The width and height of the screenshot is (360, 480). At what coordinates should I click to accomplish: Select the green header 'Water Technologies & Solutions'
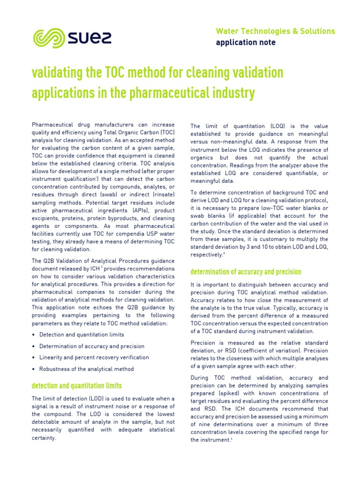tap(275, 31)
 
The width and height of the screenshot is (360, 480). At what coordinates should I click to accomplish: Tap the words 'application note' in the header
tap(245, 43)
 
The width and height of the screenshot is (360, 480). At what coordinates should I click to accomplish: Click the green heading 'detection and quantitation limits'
tap(76, 386)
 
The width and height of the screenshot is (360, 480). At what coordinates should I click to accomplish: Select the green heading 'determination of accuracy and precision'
tap(246, 272)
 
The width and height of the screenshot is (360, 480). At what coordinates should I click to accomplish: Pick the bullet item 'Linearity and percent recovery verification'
tap(94, 358)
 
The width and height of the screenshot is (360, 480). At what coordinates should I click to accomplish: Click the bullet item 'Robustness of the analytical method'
tap(86, 369)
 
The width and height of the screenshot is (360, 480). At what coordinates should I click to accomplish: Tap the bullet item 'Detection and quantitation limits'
tap(82, 335)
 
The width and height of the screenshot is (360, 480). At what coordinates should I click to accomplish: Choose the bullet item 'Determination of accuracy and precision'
tap(92, 346)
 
